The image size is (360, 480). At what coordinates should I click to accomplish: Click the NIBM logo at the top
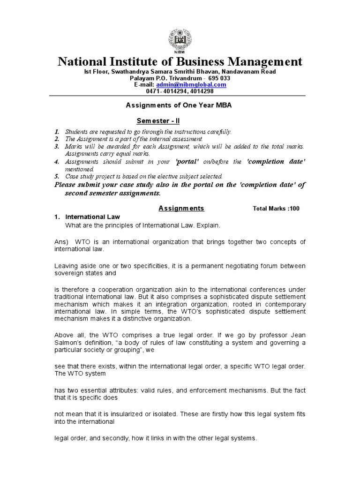click(x=180, y=40)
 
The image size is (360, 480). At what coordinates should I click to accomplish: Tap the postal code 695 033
click(x=219, y=78)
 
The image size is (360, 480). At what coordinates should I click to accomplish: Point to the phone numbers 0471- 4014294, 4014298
click(x=180, y=91)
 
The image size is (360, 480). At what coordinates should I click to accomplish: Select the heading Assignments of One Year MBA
click(x=179, y=105)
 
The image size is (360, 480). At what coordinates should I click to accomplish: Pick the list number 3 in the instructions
click(x=56, y=147)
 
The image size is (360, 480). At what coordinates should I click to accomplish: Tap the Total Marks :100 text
click(x=276, y=209)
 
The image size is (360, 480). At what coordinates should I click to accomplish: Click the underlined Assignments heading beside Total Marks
click(x=181, y=208)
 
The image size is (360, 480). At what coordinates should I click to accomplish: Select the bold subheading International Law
click(x=92, y=217)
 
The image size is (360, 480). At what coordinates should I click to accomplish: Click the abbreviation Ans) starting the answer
click(x=60, y=242)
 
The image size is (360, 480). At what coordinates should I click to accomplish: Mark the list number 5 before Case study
click(x=56, y=176)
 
